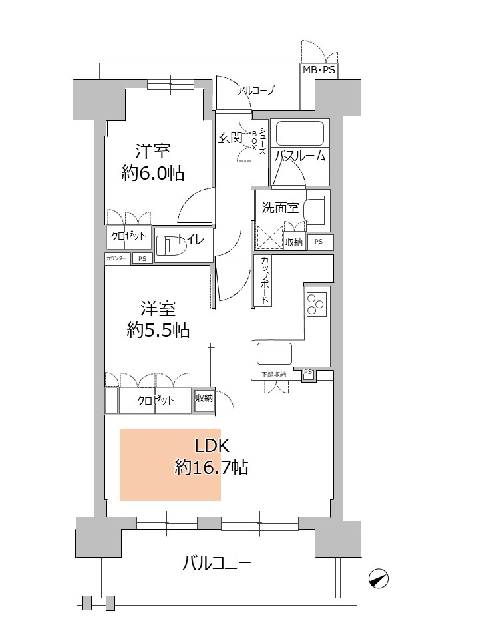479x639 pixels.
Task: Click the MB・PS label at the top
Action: point(319,70)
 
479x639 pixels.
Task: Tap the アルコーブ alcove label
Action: point(256,90)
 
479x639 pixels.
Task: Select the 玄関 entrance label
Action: point(230,138)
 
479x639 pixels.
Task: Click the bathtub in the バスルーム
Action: point(300,134)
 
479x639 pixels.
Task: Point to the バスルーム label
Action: point(300,156)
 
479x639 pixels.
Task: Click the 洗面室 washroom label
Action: point(280,208)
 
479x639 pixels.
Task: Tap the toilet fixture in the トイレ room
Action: point(171,244)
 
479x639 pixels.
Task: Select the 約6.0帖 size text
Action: point(153,174)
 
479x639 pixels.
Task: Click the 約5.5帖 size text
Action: point(158,330)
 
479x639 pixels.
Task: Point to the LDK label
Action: point(212,446)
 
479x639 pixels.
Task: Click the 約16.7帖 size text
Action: point(212,467)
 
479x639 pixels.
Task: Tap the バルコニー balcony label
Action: point(216,564)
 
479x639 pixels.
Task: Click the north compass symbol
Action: point(379,578)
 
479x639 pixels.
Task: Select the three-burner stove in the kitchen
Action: point(316,304)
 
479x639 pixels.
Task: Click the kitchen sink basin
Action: point(273,353)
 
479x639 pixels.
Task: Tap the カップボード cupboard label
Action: point(265,280)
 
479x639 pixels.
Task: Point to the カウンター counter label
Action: point(116,258)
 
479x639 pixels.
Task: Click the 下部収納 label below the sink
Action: point(273,375)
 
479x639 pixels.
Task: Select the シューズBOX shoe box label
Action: point(259,140)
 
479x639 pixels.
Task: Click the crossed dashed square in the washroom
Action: point(269,237)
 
